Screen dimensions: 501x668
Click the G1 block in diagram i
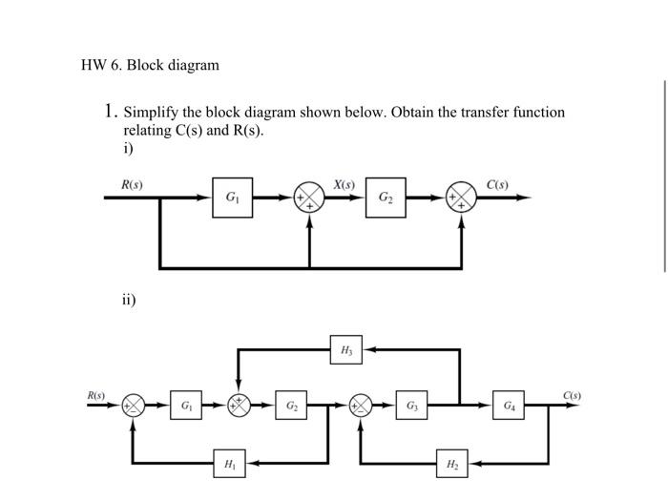pos(232,198)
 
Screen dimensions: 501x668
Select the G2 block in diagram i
pos(385,198)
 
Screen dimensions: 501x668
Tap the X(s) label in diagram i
pos(344,183)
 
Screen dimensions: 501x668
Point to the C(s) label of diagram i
pos(497,183)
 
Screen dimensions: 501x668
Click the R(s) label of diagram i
pos(132,183)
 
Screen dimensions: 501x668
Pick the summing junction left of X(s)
pos(309,198)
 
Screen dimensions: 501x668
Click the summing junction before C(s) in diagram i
pos(462,198)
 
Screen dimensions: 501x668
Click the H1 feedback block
pos(230,464)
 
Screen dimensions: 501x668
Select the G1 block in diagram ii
pos(186,406)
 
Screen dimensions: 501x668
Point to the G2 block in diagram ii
pos(291,406)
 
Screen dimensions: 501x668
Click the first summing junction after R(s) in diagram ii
pos(133,406)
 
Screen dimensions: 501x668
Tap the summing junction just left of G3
pos(362,406)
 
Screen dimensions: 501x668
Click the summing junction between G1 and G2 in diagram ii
pos(239,406)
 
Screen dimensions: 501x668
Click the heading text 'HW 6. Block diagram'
pos(150,65)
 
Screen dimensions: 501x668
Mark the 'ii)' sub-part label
pos(129,300)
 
